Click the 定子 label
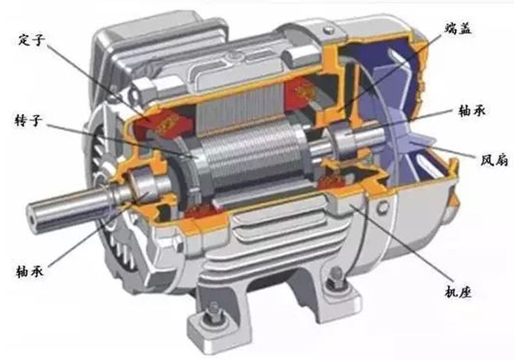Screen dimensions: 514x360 (31, 40)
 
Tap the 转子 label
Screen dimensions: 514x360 (29, 122)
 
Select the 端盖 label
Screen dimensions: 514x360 (457, 29)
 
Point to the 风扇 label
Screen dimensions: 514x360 (494, 160)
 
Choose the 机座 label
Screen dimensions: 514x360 (458, 291)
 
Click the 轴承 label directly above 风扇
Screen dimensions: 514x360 (472, 111)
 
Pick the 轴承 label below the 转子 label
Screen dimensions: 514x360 (30, 271)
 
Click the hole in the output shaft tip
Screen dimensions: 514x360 (33, 218)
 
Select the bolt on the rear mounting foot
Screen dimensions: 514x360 (336, 276)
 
